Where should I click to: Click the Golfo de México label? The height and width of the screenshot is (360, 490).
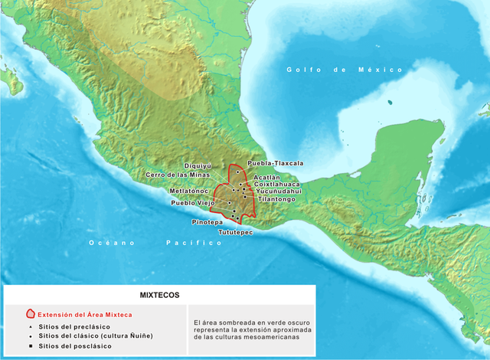point(345,70)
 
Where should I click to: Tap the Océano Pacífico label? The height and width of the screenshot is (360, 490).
point(155,242)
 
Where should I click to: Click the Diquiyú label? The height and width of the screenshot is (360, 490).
point(198,165)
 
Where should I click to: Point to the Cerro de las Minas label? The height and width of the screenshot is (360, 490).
point(178,175)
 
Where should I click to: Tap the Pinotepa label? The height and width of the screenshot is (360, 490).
point(207,221)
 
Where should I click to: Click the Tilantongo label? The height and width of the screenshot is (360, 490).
point(276,199)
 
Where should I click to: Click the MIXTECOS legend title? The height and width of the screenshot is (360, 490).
point(159,294)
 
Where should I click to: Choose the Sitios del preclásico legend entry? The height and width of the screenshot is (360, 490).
point(73,326)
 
